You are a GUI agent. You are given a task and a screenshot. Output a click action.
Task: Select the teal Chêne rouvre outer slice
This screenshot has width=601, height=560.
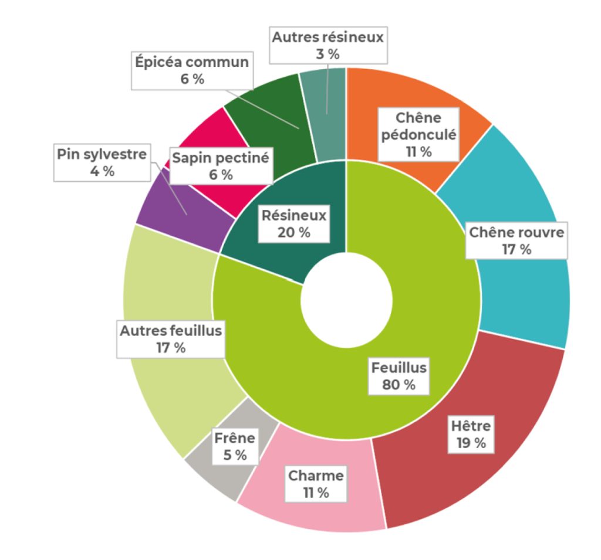point(528,293)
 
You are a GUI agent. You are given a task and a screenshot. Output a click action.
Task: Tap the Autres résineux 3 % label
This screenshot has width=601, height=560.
point(327,46)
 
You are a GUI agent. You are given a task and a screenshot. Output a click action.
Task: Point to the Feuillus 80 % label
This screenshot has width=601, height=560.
point(399,376)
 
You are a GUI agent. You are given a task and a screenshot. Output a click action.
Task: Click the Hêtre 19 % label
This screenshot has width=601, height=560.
point(471,434)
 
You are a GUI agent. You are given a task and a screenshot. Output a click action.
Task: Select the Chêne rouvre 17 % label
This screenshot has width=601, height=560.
point(516,240)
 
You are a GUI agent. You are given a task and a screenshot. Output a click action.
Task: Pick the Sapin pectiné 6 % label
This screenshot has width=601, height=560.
point(220,166)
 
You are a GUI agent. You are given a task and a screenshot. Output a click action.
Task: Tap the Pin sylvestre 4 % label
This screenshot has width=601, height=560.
point(101,162)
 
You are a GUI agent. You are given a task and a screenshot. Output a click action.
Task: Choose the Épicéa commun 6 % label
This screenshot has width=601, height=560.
point(192,70)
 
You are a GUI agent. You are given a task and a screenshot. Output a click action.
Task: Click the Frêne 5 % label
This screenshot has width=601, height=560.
point(235,446)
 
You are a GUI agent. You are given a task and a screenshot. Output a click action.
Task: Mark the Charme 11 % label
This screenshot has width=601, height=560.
point(316,484)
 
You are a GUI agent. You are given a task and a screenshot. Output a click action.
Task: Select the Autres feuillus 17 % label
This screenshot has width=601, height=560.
point(171,339)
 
